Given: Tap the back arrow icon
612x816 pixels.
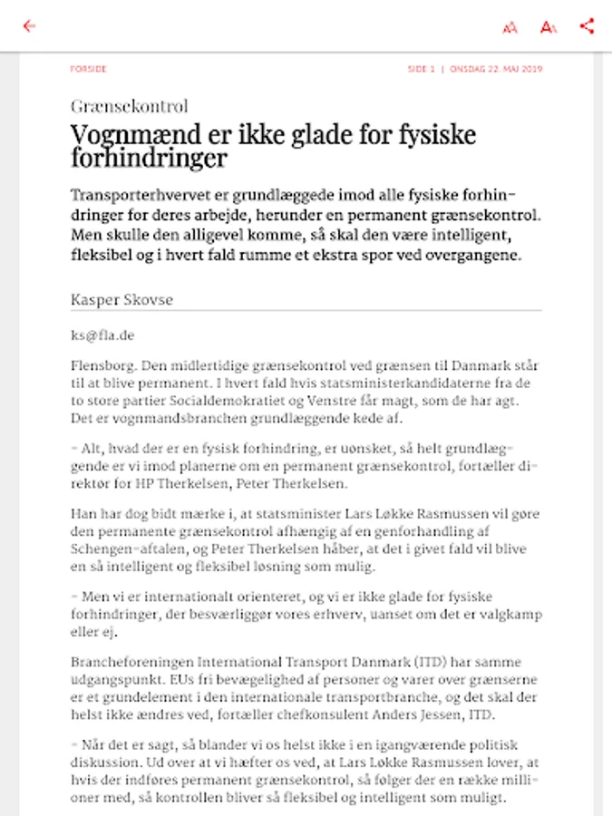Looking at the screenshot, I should (29, 25).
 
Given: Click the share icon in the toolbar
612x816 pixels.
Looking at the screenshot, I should (587, 25).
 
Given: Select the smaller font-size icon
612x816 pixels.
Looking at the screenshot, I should (510, 27).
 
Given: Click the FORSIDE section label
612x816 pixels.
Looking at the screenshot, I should (89, 69).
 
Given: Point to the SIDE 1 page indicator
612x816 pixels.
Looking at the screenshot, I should (421, 69).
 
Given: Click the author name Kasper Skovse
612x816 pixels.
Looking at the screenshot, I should (121, 299).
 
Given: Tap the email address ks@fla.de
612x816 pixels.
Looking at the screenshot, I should (102, 335).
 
